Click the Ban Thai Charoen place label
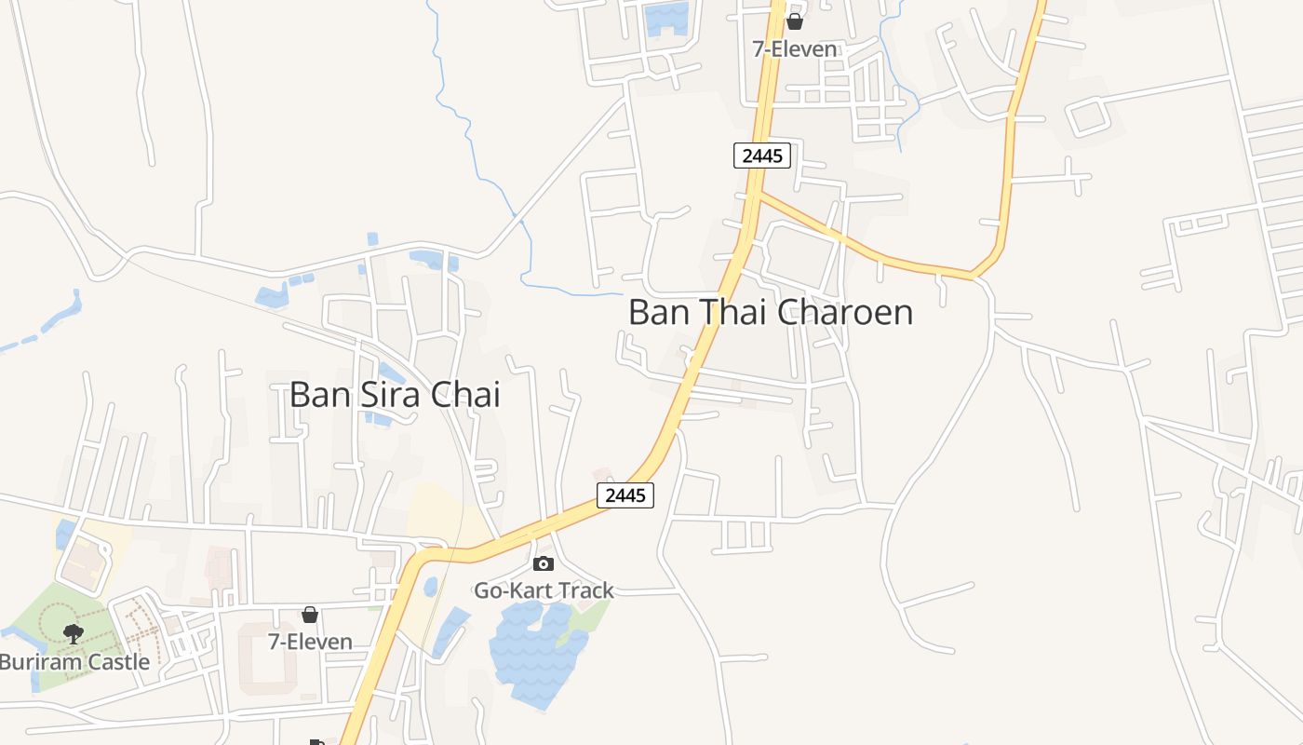(x=771, y=312)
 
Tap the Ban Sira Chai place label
(x=395, y=394)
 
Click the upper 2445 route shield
(x=762, y=156)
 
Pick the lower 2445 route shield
(x=625, y=495)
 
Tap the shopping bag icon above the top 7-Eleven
(x=795, y=21)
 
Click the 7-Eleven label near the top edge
(x=795, y=48)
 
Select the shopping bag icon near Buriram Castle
(x=310, y=615)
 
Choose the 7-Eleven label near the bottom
(x=310, y=642)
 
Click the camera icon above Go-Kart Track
(x=544, y=563)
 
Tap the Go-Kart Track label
(x=544, y=590)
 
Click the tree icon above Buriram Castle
(x=74, y=634)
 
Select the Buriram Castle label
(x=74, y=662)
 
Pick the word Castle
(x=116, y=662)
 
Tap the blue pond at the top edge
(x=666, y=19)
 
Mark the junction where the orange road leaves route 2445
(x=759, y=194)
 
